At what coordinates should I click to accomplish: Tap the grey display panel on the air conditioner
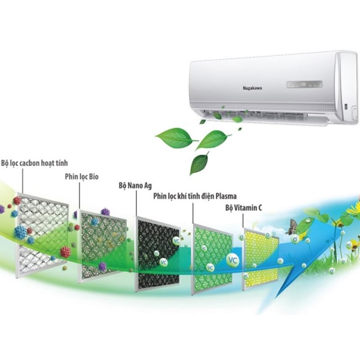coord(305,84)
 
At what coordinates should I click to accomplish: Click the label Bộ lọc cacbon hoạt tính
coord(35,163)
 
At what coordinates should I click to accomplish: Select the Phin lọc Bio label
coord(82,177)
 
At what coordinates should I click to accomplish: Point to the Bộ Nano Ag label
coord(135,185)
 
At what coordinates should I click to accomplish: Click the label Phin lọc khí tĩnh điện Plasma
coord(195,196)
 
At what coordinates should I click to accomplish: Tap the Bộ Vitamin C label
coord(243,208)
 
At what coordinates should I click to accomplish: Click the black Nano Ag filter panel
coord(158,254)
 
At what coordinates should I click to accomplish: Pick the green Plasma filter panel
coord(212,259)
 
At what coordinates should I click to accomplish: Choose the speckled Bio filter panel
coord(102,246)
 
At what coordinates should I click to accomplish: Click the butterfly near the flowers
coord(291,227)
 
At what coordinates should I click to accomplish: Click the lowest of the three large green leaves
coord(199,163)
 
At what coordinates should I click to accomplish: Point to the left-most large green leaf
coord(176,138)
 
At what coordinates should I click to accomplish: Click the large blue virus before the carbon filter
coord(21,232)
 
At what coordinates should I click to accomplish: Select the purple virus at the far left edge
coord(2,209)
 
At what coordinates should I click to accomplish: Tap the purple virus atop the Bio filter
coord(105,211)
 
